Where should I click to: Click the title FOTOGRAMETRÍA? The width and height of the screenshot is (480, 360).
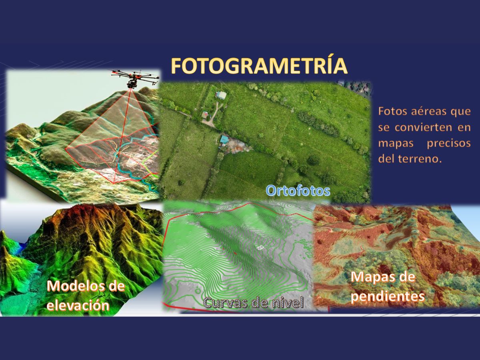[x=259, y=66]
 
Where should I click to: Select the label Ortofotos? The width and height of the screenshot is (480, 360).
[x=298, y=190]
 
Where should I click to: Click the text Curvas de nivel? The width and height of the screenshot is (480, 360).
[x=254, y=303]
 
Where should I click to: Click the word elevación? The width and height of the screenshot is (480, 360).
[x=78, y=305]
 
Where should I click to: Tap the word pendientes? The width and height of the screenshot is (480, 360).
[x=388, y=297]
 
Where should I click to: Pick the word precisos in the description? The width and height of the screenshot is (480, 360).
[x=448, y=144]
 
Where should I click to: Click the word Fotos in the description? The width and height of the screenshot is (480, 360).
[x=392, y=111]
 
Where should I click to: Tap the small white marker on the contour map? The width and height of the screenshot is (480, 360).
[x=260, y=248]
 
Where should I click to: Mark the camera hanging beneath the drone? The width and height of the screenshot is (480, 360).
[x=131, y=84]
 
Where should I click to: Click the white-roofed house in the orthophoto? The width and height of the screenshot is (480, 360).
[x=221, y=95]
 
